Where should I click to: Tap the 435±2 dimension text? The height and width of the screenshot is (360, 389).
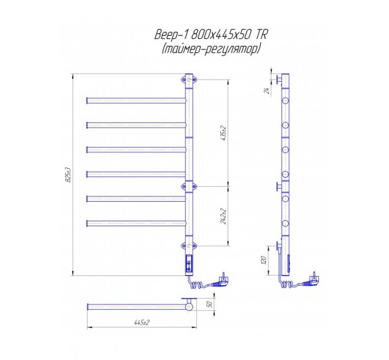point(223,133)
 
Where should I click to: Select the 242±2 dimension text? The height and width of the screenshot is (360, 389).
point(223,217)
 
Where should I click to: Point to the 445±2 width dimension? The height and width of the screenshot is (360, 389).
point(142,322)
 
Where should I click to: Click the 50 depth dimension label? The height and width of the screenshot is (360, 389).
point(209,304)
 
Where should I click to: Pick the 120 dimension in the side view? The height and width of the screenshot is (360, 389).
point(264,260)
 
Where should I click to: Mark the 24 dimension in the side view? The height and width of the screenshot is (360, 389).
point(267,91)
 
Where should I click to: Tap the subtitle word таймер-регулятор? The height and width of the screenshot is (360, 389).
point(211,49)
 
